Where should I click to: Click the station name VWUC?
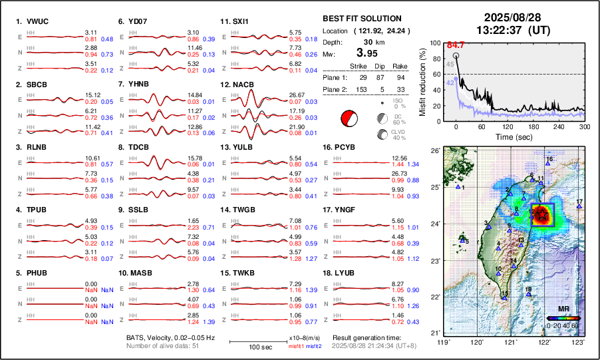[x=39, y=21]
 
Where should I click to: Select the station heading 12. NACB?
[x=239, y=85]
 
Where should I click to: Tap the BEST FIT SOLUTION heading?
[x=361, y=19]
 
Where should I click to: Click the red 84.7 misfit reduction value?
[x=454, y=45]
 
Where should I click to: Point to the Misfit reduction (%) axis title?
[x=423, y=81]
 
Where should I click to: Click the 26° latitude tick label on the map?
[x=434, y=151]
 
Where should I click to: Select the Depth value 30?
[x=369, y=41]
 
